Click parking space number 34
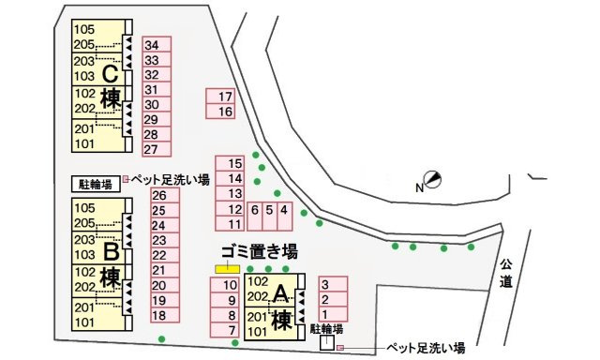[x=156, y=45]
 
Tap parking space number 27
[x=156, y=149]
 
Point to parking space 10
[x=228, y=285]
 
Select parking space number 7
[x=228, y=330]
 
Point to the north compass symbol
[x=432, y=179]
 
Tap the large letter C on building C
[x=111, y=72]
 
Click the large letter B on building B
[x=111, y=250]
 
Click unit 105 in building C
[x=84, y=29]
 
